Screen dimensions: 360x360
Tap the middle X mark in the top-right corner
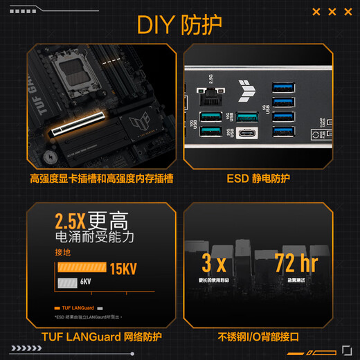[332, 12]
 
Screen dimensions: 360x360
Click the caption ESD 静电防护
[258, 179]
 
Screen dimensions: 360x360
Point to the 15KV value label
[123, 267]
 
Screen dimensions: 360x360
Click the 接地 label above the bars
[62, 252]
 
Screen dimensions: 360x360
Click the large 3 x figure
[215, 263]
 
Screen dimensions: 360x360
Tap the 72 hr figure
[296, 263]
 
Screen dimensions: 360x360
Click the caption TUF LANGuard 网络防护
[101, 337]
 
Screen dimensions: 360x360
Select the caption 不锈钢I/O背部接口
[258, 337]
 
